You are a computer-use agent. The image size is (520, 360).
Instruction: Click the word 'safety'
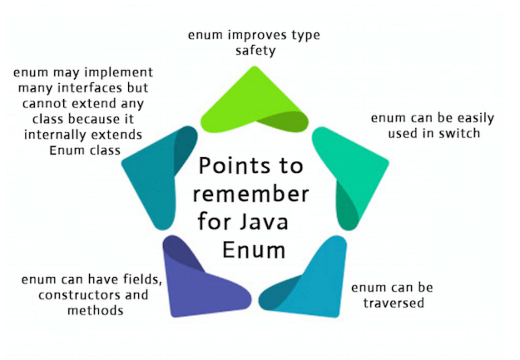click(x=255, y=51)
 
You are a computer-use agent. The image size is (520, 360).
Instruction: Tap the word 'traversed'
click(x=393, y=302)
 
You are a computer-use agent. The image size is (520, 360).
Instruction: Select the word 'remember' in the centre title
click(x=251, y=195)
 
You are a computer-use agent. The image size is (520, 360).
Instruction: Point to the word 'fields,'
click(x=141, y=279)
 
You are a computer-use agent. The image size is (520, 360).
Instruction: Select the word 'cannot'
click(x=45, y=104)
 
